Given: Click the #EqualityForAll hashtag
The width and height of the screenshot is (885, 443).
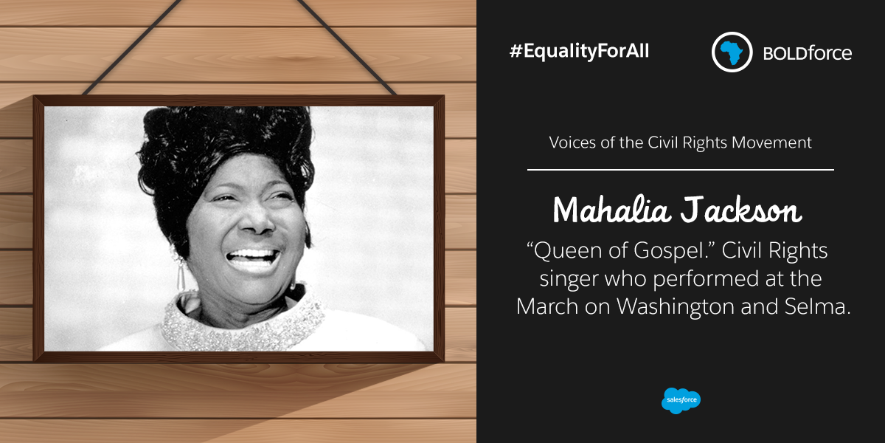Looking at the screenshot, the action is pyautogui.click(x=579, y=52).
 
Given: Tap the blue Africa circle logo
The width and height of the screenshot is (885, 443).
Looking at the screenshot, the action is pyautogui.click(x=732, y=52).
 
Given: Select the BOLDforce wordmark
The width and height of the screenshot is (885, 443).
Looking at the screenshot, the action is pyautogui.click(x=807, y=53).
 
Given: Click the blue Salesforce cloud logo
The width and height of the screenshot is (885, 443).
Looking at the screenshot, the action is pyautogui.click(x=681, y=400).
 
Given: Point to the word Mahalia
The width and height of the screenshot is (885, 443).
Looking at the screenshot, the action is pyautogui.click(x=612, y=210).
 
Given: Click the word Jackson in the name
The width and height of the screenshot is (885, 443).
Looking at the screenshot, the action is pyautogui.click(x=740, y=210).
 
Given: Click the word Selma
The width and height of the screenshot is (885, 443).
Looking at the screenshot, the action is pyautogui.click(x=817, y=306).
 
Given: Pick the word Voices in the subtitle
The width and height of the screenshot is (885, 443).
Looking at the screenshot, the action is pyautogui.click(x=572, y=142).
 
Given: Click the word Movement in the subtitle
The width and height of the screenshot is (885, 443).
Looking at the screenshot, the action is pyautogui.click(x=771, y=142).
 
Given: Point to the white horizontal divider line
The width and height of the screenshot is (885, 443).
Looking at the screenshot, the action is pyautogui.click(x=680, y=170).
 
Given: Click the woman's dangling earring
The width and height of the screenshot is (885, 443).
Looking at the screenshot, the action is pyautogui.click(x=180, y=273).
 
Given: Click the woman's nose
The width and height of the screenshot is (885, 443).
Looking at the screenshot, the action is pyautogui.click(x=257, y=221).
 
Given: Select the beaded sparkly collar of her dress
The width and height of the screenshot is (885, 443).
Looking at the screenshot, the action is pyautogui.click(x=241, y=323).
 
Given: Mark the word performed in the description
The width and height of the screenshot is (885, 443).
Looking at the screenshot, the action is pyautogui.click(x=706, y=279).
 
